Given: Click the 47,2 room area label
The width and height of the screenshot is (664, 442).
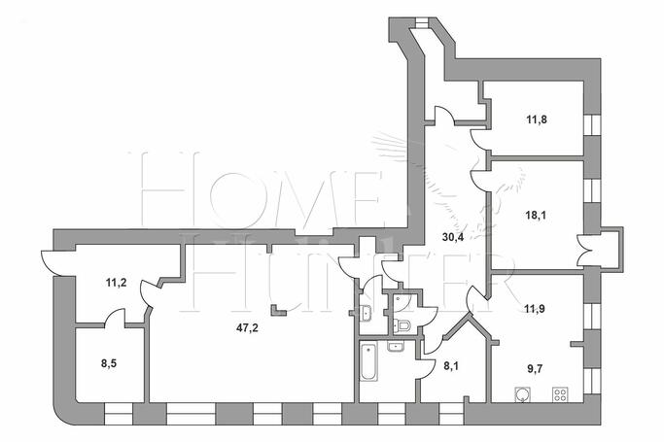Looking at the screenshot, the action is point(247,327).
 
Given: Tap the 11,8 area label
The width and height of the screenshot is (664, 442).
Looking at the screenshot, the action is point(537,119).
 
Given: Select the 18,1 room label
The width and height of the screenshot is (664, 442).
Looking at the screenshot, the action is point(536,216).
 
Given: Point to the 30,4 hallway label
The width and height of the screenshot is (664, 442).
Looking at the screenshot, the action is point(453,237).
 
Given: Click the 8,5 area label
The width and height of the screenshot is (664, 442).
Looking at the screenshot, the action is point(109,363).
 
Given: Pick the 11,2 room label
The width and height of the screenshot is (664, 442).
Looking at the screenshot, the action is point(116,283).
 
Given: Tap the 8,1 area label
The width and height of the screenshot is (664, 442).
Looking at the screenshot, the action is point(451,365).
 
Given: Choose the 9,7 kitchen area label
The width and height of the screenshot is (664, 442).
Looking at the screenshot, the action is point(536,368).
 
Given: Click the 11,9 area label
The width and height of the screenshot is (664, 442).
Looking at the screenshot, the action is point(535,309).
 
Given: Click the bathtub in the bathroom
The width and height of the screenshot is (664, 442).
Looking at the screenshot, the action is point(367,362).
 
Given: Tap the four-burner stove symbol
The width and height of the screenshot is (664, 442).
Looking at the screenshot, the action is point(560,394).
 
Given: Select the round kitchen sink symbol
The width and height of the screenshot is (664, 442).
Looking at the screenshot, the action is point(523,394).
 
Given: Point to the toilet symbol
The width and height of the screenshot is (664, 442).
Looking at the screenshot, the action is point(402,325).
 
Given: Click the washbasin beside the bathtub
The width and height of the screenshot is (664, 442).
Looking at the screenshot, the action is point(396,347).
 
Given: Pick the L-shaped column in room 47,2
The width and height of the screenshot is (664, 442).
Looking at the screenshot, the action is point(279,310).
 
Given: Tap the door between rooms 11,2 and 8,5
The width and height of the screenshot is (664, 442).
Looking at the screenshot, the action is point(115,318).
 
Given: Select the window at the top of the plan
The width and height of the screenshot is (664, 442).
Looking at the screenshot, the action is point(422,22).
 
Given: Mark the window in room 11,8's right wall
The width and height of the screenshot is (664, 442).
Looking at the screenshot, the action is point(592,124).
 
